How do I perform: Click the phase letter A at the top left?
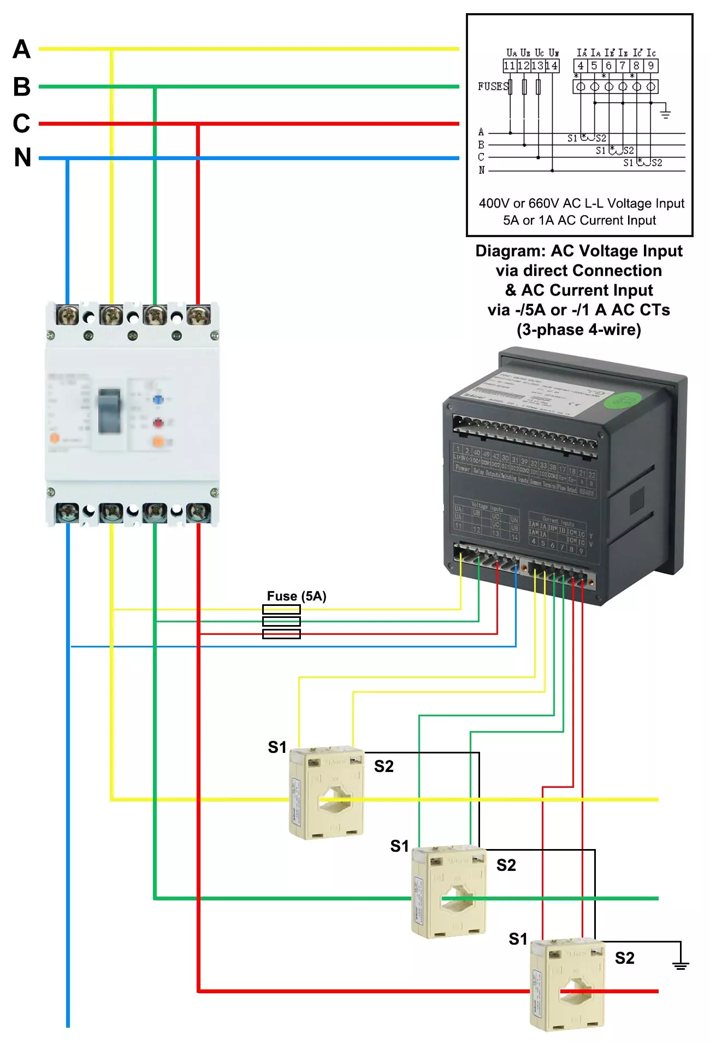(22, 49)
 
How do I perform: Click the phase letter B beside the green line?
(22, 86)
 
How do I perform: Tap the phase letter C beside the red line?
(22, 123)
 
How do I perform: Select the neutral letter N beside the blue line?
(22, 158)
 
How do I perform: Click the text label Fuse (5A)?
(297, 596)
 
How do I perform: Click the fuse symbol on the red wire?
(281, 634)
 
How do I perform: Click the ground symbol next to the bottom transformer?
(680, 965)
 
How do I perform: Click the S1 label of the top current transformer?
(277, 747)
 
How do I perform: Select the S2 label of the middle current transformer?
(506, 865)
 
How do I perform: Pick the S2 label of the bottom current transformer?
(625, 958)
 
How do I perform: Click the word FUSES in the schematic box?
(493, 86)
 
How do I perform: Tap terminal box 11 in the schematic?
(510, 66)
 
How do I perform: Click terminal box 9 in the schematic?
(650, 66)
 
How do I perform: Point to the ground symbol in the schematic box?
(665, 113)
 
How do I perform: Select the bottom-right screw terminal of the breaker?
(198, 512)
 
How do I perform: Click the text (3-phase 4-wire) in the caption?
(579, 330)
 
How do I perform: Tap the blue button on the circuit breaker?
(158, 399)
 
